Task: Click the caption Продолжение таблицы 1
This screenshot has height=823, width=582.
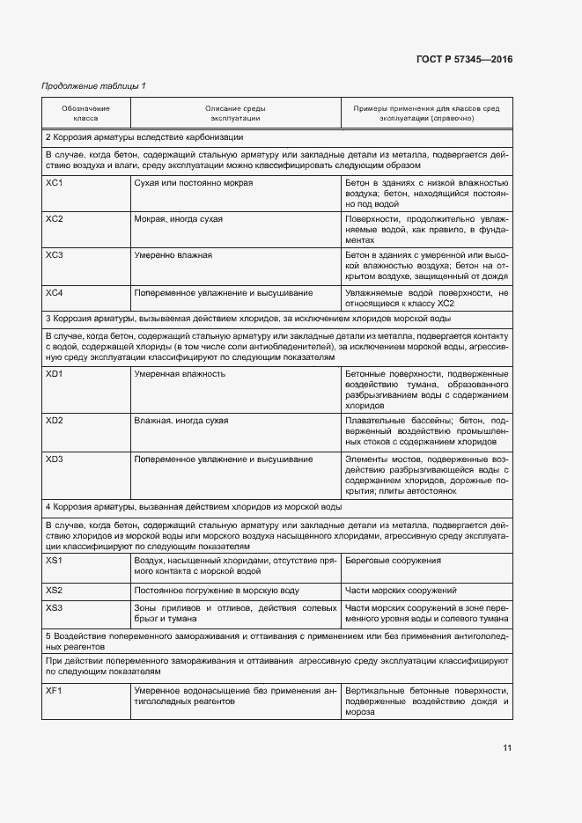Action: (x=94, y=85)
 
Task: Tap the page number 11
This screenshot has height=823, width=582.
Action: (x=507, y=748)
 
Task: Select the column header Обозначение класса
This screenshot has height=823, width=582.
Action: (x=85, y=113)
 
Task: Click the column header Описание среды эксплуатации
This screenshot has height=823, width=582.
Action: (x=235, y=113)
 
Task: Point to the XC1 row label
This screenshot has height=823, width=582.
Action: (x=55, y=183)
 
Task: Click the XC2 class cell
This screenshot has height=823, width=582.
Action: (x=55, y=219)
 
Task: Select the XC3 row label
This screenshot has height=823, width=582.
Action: (x=55, y=255)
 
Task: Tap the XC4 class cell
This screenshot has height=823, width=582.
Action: (x=55, y=292)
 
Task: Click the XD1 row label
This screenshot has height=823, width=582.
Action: (x=55, y=374)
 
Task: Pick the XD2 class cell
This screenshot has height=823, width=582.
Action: (x=55, y=421)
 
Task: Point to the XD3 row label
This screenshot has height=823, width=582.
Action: (x=55, y=459)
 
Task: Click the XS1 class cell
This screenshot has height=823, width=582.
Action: (x=55, y=561)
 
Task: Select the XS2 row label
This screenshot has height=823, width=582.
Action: (x=55, y=590)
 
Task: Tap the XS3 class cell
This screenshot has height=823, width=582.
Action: (x=55, y=608)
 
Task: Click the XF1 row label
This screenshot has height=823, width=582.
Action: (x=55, y=691)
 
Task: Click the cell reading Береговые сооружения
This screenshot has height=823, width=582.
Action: (x=394, y=561)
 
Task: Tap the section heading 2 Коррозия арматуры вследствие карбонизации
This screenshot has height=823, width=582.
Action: (x=144, y=137)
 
